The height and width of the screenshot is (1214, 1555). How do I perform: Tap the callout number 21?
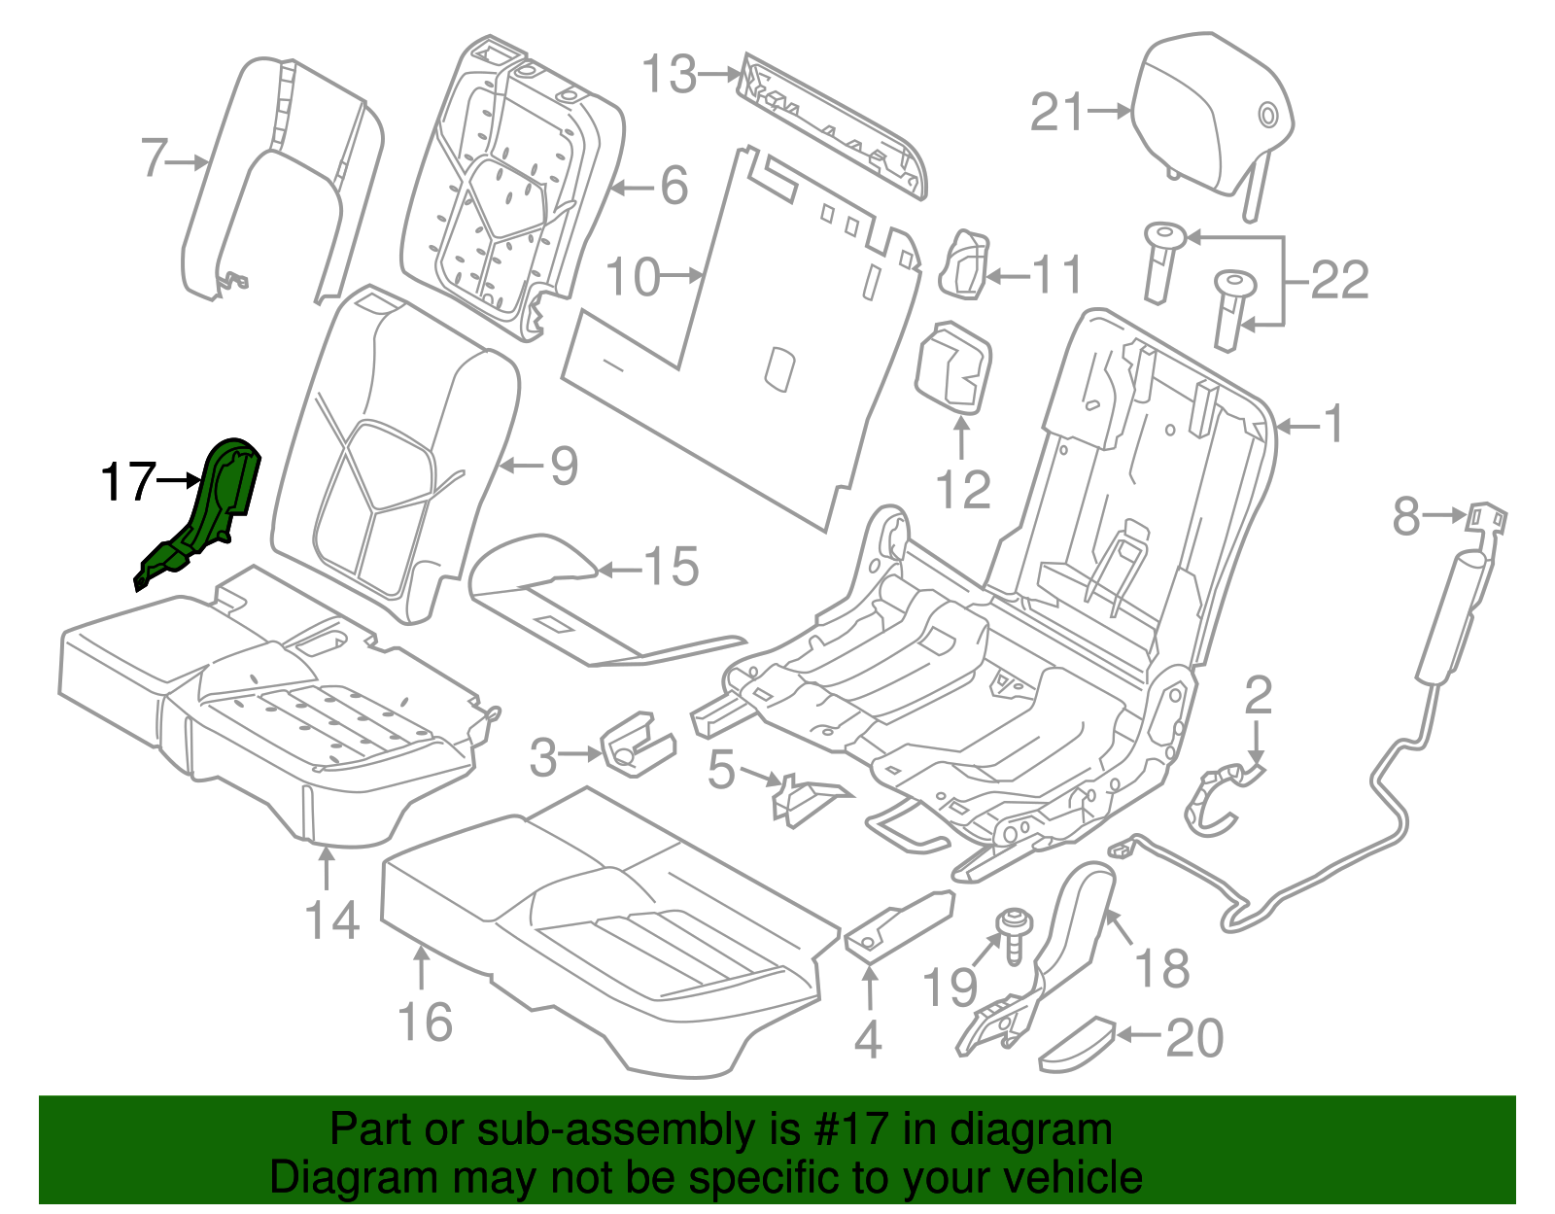(1056, 113)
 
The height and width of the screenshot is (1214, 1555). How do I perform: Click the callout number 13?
(670, 75)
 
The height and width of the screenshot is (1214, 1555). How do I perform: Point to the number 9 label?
(564, 467)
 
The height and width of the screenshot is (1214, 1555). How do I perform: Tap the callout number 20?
(1194, 1038)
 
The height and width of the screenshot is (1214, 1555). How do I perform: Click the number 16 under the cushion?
(425, 1023)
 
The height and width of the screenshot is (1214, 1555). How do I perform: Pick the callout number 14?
(332, 919)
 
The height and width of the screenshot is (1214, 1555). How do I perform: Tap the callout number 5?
(721, 770)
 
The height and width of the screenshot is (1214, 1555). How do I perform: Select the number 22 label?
(1339, 281)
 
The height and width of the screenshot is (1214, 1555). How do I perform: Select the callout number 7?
(155, 157)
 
